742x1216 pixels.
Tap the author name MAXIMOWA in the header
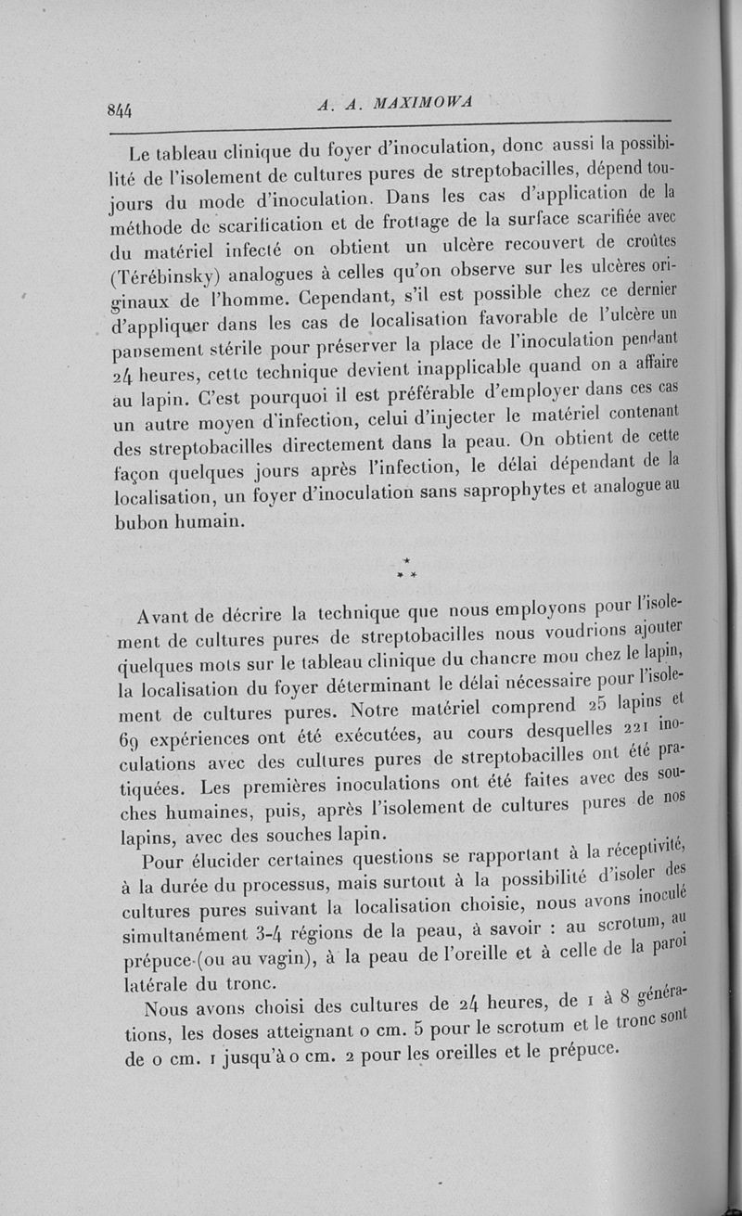click(x=422, y=104)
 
